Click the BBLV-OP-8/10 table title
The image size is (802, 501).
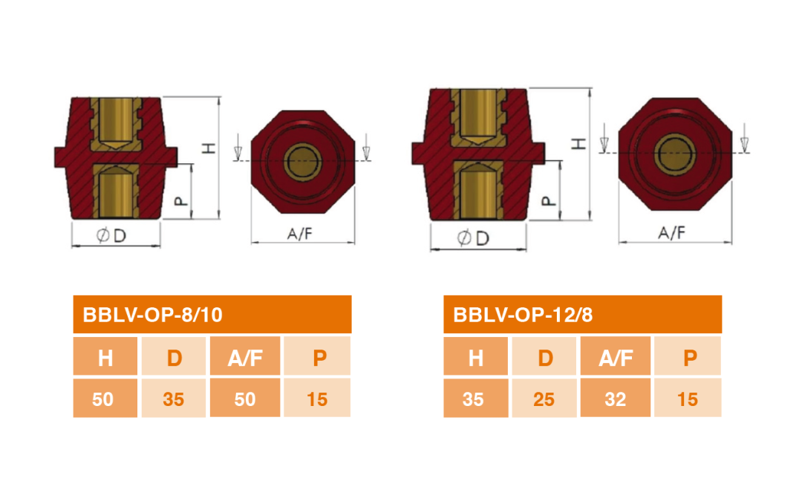point(152,315)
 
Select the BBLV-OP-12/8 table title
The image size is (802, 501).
point(523,315)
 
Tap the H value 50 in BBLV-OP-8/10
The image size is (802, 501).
point(102,399)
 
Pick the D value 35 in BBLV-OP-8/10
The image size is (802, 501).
point(173,399)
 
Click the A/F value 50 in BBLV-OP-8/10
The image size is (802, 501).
point(245,399)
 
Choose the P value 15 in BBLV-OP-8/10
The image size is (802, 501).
point(317,399)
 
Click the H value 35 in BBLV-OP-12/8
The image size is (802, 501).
point(473,399)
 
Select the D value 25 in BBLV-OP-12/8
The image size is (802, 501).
point(544,399)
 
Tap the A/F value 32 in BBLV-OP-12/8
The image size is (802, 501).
point(616,399)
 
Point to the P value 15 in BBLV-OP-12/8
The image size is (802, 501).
point(688,399)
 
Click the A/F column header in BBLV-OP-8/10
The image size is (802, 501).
point(246,358)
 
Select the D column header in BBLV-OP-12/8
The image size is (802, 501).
point(545,358)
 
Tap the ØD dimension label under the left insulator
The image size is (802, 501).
point(111,236)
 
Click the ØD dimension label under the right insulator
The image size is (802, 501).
point(473,238)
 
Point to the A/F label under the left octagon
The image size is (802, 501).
point(300,234)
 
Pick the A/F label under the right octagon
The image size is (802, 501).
point(671,232)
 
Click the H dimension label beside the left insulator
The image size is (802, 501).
point(209,148)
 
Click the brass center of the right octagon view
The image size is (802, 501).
point(674,154)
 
